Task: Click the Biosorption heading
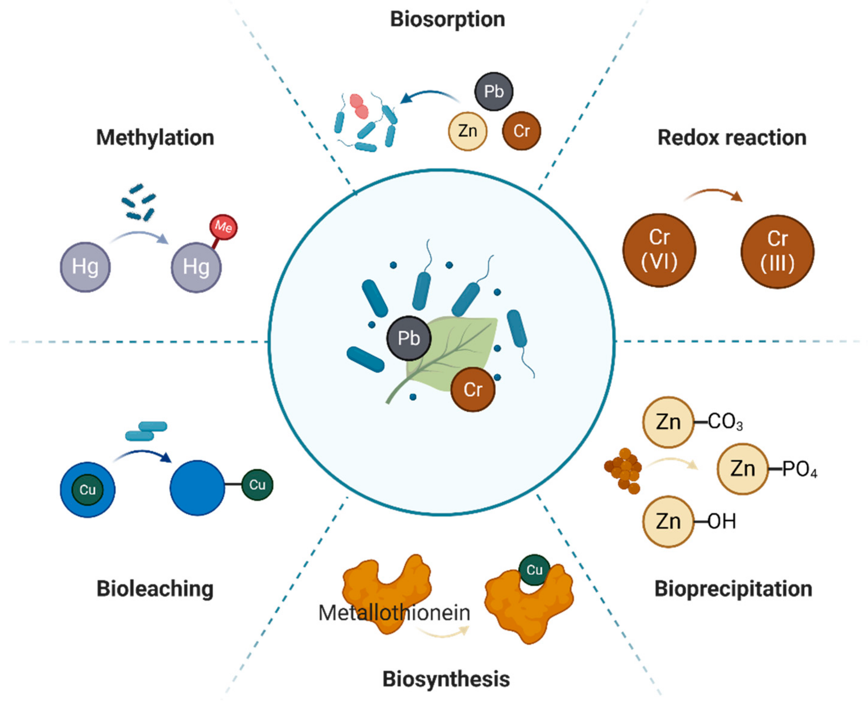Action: [x=447, y=20]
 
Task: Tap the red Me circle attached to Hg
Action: [x=223, y=227]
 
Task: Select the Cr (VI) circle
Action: [x=659, y=250]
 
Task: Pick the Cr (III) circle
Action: [x=777, y=252]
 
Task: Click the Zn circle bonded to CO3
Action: [x=668, y=422]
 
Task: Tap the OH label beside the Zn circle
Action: [x=722, y=522]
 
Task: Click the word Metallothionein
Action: [x=394, y=613]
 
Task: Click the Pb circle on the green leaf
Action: [x=409, y=338]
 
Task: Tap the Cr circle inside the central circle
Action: [x=473, y=389]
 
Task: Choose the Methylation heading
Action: [x=155, y=138]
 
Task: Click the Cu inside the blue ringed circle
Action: [x=87, y=490]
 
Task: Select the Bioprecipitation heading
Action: [x=733, y=589]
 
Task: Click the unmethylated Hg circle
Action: [x=85, y=267]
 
